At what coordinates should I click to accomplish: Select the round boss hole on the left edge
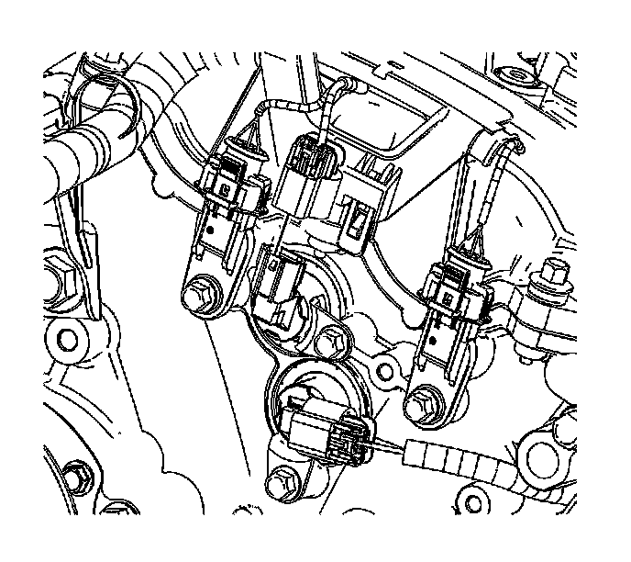point(67,341)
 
